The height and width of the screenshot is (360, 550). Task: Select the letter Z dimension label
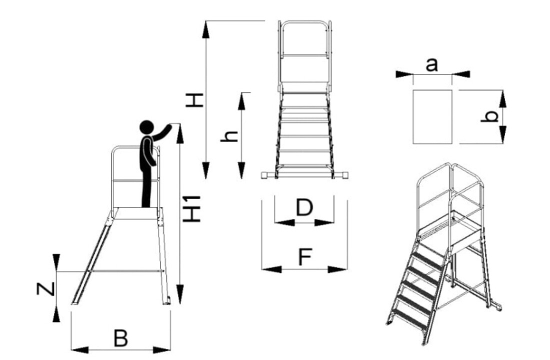[44, 288]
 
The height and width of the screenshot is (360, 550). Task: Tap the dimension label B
[120, 338]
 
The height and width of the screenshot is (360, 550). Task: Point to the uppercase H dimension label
[194, 99]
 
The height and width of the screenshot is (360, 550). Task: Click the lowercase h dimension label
[229, 135]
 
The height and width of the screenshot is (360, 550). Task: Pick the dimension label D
[304, 207]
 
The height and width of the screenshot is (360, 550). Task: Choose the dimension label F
[304, 257]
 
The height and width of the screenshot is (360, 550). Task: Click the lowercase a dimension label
[432, 64]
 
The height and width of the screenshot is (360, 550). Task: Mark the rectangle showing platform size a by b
[432, 117]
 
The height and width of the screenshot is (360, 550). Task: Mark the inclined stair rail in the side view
[91, 260]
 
